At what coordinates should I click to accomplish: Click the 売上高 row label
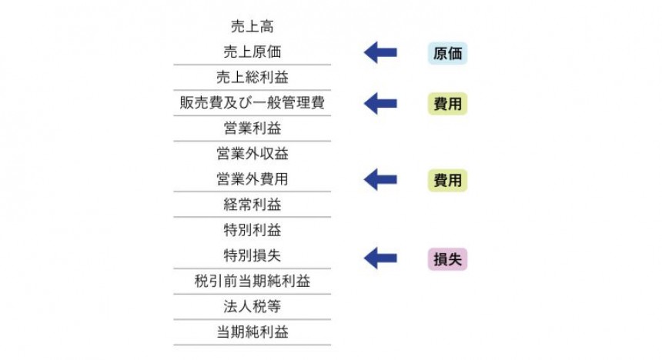[x=252, y=28]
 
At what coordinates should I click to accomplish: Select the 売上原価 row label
[x=252, y=53]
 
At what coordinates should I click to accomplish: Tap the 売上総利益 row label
[x=252, y=78]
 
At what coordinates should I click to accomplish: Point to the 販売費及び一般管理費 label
[x=252, y=103]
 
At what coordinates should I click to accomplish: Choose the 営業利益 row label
[x=252, y=128]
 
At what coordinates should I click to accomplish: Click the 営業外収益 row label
[x=252, y=154]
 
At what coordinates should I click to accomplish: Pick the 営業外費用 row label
[x=252, y=179]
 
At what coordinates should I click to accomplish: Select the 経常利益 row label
[x=252, y=205]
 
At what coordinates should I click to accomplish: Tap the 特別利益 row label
[x=252, y=230]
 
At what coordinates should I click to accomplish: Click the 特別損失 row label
[x=252, y=255]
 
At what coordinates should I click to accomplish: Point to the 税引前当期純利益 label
[x=252, y=281]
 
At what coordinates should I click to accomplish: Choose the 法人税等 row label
[x=252, y=306]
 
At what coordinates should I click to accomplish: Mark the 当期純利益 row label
[x=252, y=332]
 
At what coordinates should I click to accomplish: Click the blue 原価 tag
[x=447, y=54]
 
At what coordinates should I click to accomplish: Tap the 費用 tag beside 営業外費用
[x=447, y=181]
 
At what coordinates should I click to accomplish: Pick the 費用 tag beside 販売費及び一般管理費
[x=447, y=104]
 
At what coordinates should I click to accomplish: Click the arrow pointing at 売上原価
[x=380, y=53]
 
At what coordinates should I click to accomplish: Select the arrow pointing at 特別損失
[x=380, y=258]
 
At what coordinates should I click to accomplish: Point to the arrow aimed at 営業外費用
[x=380, y=180]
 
